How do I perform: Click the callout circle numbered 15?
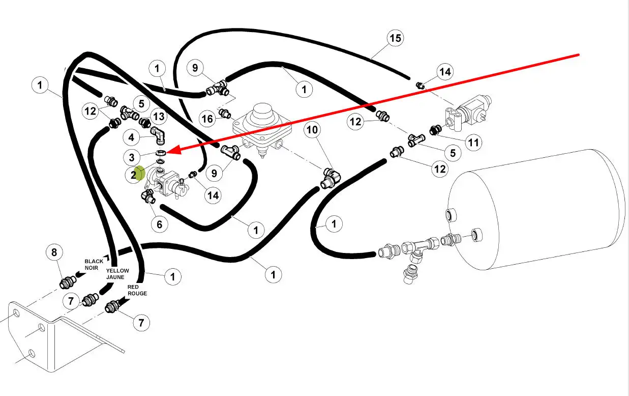395,38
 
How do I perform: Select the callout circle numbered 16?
207,119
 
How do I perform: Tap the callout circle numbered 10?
312,130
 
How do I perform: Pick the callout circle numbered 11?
473,143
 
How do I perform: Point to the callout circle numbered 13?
159,117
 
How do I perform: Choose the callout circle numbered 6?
159,224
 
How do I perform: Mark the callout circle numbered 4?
132,137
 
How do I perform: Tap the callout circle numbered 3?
132,157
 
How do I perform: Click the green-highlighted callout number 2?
134,175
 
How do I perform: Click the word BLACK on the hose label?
94,261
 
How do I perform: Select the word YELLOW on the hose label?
117,271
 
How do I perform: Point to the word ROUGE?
137,293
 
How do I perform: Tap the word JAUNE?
115,277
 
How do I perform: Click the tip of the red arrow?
167,151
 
